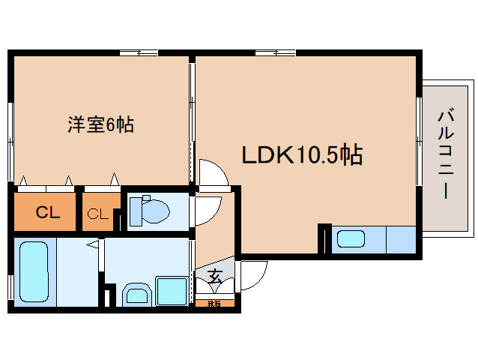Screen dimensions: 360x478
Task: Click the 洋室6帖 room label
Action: [x=101, y=125]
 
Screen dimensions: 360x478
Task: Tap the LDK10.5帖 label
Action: [x=301, y=155]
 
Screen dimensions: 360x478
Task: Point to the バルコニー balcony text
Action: [x=447, y=154]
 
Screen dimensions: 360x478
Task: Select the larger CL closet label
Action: [x=47, y=212]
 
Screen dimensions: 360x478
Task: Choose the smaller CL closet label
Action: [x=98, y=214]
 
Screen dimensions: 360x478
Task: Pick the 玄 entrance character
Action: [x=214, y=277]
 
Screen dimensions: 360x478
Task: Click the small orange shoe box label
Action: [x=214, y=304]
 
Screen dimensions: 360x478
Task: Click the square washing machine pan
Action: [x=172, y=290]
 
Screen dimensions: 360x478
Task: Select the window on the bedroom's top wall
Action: [x=138, y=52]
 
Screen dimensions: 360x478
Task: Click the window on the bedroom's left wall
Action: [x=10, y=124]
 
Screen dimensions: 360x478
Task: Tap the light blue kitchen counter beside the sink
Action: [x=400, y=240]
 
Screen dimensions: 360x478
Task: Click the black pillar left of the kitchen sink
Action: [x=324, y=238]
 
